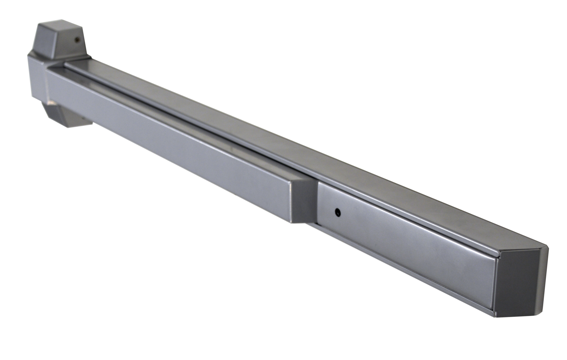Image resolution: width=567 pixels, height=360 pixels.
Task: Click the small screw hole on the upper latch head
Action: click(x=77, y=39)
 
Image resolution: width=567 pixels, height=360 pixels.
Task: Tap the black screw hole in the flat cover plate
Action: click(x=338, y=212)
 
